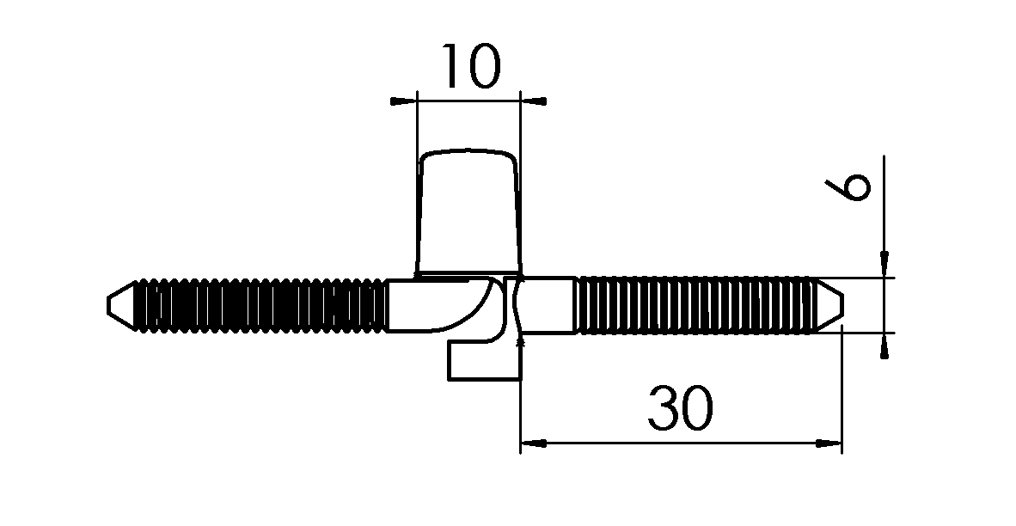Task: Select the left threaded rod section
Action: coord(258,305)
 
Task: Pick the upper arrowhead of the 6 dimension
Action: coord(884,267)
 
